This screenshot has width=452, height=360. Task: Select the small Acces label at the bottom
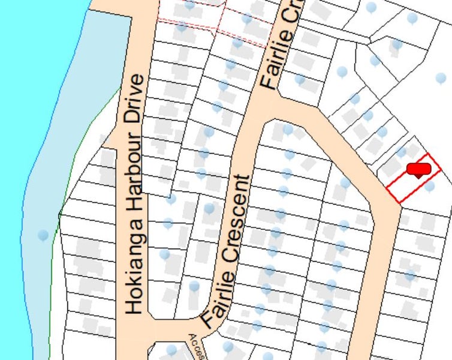(x=197, y=346)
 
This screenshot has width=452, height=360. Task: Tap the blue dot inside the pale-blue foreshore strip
(x=43, y=235)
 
